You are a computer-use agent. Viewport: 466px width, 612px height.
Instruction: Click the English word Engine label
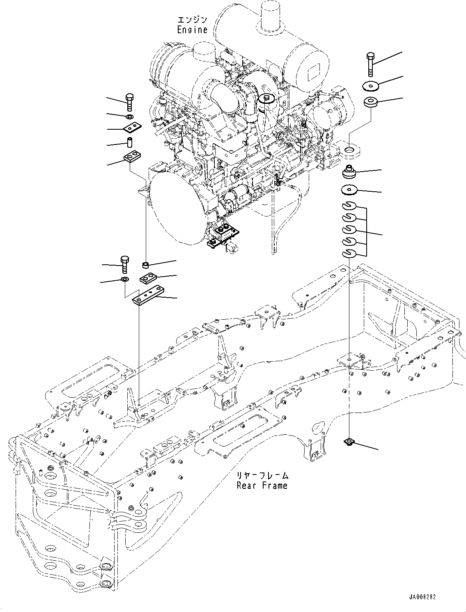point(192,30)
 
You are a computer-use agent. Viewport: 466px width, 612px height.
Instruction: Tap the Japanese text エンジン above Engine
point(192,20)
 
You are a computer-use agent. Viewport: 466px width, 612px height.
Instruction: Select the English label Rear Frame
point(262,486)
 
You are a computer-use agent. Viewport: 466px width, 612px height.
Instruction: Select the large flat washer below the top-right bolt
point(371,86)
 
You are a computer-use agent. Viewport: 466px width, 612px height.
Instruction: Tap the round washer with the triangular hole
point(349,190)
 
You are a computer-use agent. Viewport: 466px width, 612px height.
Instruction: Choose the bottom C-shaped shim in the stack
point(349,253)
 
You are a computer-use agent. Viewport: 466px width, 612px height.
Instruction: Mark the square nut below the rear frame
point(349,442)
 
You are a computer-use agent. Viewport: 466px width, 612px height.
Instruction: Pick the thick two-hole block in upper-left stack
point(132,156)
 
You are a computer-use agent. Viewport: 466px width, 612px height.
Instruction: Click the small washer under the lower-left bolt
point(125,280)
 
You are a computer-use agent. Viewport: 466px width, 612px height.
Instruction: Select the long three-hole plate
point(147,296)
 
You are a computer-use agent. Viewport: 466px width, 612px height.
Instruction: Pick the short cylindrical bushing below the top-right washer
point(371,102)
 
